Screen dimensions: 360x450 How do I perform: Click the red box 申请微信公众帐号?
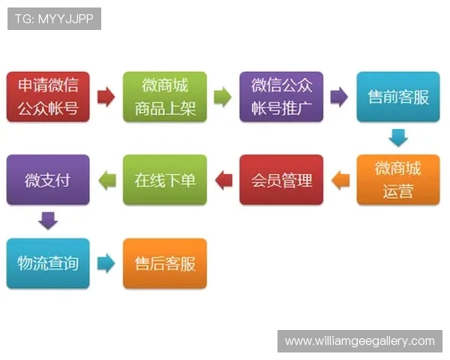(x=48, y=97)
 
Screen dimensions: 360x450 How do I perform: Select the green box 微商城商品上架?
(x=164, y=97)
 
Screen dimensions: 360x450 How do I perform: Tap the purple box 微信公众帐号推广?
(x=281, y=97)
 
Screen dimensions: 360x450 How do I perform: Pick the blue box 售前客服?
(x=397, y=97)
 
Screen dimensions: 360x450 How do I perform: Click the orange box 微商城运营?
(x=397, y=180)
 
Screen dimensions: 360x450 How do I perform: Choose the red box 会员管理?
(x=281, y=180)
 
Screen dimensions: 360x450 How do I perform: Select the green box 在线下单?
(x=164, y=180)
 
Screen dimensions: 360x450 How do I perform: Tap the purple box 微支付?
(x=48, y=180)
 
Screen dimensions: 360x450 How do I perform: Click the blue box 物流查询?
(x=48, y=263)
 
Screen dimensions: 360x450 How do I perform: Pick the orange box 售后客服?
(x=164, y=263)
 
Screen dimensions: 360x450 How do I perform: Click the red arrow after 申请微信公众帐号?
(x=106, y=97)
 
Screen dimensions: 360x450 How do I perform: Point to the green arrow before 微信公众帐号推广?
(x=223, y=97)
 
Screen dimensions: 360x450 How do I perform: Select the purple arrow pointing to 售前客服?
(x=339, y=97)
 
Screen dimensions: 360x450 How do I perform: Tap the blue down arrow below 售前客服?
(x=397, y=138)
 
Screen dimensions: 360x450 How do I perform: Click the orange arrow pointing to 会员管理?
(x=340, y=180)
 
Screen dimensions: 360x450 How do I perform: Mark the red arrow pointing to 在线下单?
(x=223, y=180)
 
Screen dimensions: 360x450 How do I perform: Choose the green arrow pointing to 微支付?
(x=106, y=180)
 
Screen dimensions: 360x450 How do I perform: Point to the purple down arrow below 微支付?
(x=48, y=221)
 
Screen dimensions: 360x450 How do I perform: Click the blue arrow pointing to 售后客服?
(x=106, y=263)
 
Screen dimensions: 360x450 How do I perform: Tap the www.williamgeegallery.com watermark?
(x=359, y=341)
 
